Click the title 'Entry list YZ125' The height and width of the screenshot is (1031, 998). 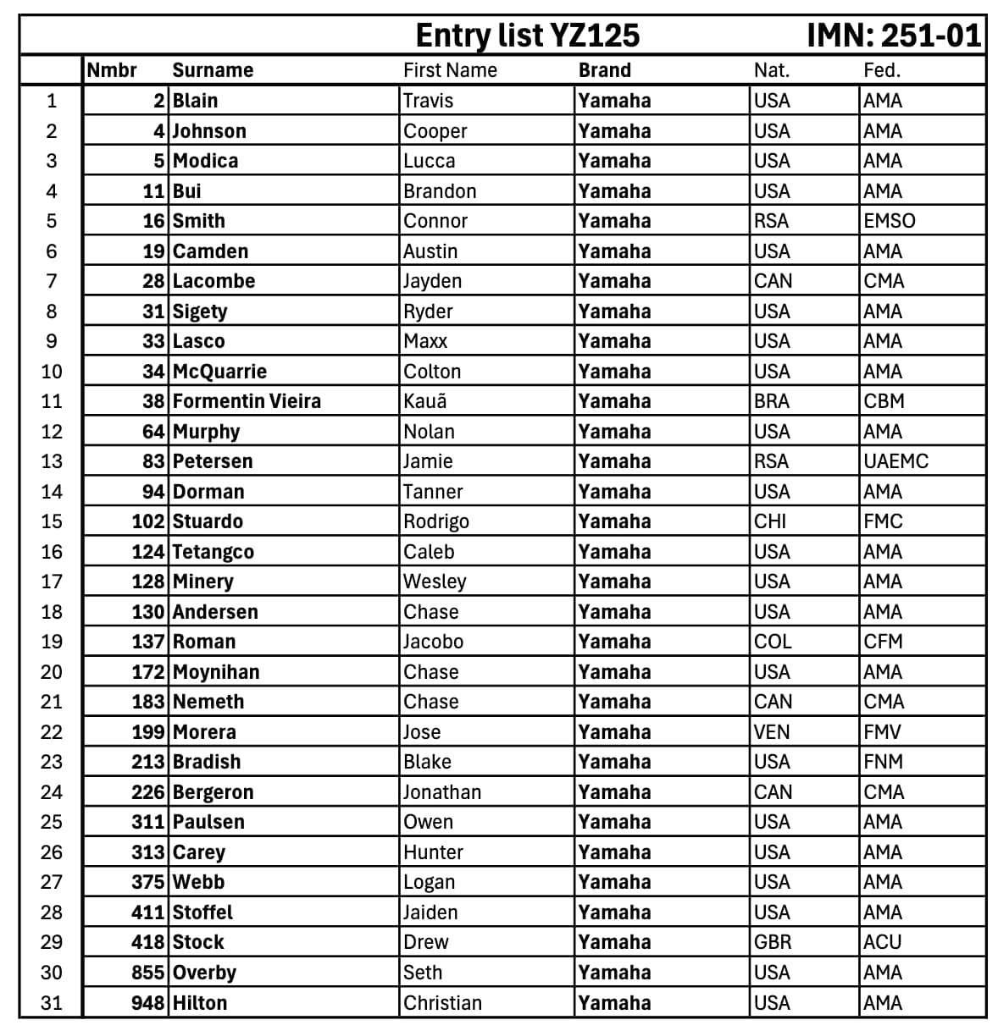click(527, 36)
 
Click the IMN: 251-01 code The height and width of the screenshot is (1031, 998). click(893, 36)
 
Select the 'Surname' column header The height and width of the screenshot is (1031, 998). click(213, 70)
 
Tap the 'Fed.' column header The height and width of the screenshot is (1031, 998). click(881, 70)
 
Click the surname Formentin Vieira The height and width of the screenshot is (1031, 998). click(247, 401)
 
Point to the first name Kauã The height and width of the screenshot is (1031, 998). click(424, 401)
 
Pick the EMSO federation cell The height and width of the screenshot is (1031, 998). click(889, 221)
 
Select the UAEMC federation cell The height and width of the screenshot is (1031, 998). click(895, 461)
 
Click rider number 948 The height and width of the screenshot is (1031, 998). click(147, 1003)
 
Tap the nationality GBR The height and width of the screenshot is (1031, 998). click(772, 942)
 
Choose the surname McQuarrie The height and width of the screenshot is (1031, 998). click(219, 372)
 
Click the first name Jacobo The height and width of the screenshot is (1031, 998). click(433, 642)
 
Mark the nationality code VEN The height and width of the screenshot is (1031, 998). click(771, 732)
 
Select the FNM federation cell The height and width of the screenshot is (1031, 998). click(883, 762)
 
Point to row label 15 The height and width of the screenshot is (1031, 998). click(52, 521)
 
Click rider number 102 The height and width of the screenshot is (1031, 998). click(147, 521)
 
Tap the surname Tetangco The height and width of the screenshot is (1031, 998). click(213, 552)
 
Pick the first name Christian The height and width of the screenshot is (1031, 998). click(442, 1003)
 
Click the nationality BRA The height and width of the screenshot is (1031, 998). click(771, 401)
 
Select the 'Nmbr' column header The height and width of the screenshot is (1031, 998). click(112, 70)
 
